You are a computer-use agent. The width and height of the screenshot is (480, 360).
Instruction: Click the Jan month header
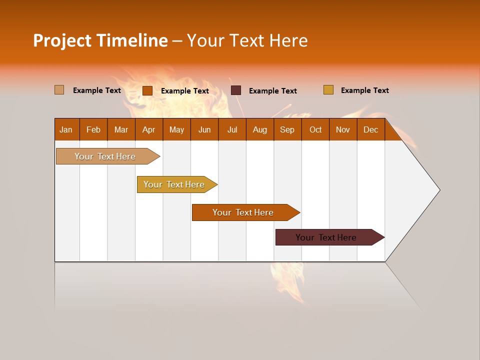[x=66, y=129]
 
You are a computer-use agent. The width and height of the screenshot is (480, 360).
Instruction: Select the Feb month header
[x=93, y=129]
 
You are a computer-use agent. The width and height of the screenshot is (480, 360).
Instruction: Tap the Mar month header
[x=121, y=129]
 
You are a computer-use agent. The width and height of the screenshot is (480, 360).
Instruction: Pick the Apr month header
[x=148, y=129]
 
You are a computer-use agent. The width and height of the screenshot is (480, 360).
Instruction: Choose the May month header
[x=176, y=129]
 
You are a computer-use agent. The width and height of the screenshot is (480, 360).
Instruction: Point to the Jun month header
[x=204, y=129]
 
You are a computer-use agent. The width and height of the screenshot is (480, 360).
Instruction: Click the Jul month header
[x=232, y=129]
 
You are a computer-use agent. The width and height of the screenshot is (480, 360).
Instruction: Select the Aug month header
[x=259, y=129]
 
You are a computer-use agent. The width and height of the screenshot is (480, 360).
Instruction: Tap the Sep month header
[x=287, y=129]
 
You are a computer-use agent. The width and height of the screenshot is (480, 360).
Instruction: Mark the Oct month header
[x=315, y=129]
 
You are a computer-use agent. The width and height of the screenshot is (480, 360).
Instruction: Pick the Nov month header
[x=343, y=129]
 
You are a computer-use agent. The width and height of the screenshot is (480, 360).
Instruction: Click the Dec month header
[x=370, y=129]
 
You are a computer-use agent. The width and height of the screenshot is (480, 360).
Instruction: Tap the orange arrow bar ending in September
[x=243, y=212]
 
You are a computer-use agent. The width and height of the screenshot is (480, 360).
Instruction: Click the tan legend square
[x=59, y=90]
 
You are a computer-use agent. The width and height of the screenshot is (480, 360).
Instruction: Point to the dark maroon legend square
[x=236, y=90]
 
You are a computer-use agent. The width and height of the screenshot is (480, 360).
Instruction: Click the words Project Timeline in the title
[x=100, y=40]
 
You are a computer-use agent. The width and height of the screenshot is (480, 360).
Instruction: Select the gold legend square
[x=328, y=90]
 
